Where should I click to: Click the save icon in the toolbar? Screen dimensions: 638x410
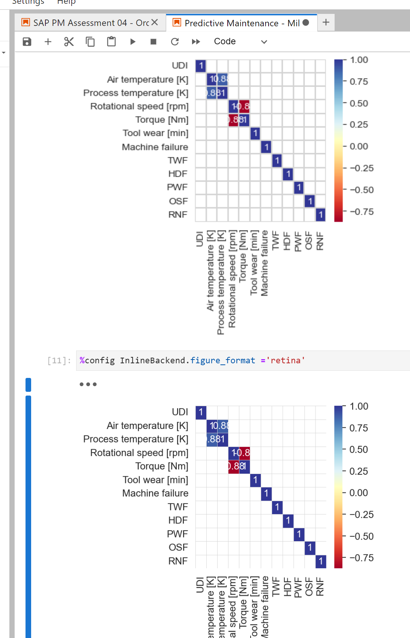[27, 42]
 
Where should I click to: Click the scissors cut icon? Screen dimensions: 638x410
[69, 42]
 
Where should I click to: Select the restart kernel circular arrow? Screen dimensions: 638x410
[175, 42]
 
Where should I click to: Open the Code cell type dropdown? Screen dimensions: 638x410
[240, 42]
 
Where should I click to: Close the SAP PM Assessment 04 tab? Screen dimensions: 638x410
[155, 23]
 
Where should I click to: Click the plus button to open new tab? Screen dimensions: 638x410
[326, 23]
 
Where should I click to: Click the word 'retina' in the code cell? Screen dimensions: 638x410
[285, 361]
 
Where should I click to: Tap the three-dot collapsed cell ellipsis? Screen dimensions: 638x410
[88, 384]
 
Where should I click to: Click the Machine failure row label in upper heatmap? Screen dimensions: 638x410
[155, 147]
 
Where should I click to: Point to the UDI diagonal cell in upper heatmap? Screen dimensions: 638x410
[201, 66]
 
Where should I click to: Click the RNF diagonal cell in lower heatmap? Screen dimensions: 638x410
[321, 561]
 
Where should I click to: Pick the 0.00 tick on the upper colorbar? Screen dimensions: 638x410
[359, 146]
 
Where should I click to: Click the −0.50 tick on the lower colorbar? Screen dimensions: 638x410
[362, 536]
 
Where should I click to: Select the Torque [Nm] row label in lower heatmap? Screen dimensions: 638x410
[162, 466]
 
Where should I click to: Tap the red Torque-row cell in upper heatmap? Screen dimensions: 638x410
[233, 120]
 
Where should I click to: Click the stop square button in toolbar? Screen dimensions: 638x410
[153, 42]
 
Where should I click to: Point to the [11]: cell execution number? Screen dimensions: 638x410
[59, 361]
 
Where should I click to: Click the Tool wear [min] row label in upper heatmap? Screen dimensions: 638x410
[155, 133]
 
